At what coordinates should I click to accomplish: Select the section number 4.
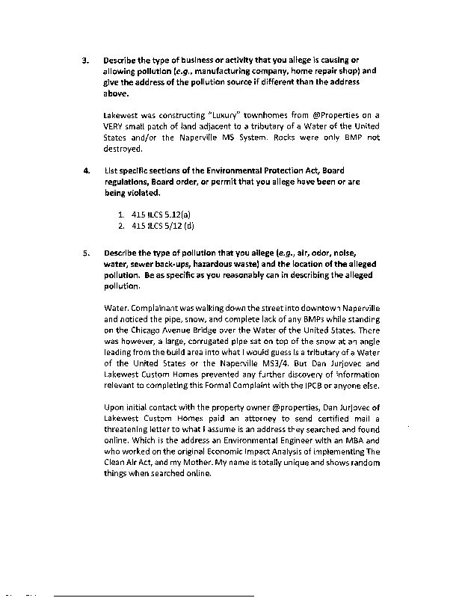(x=87, y=171)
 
